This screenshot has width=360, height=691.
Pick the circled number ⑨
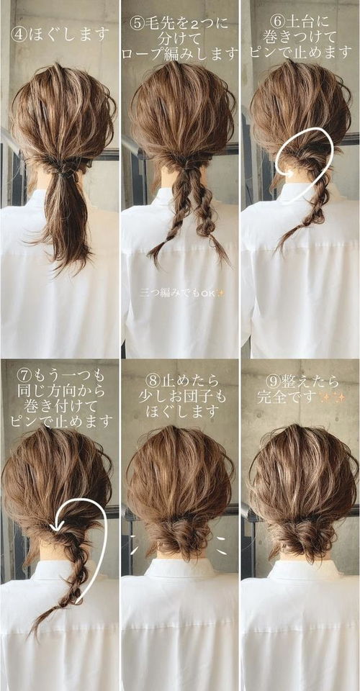pyautogui.click(x=274, y=381)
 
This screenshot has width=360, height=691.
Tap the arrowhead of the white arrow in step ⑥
pyautogui.click(x=288, y=173)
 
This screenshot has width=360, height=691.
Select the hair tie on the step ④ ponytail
pyautogui.click(x=65, y=170)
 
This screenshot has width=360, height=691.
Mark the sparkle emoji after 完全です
pyautogui.click(x=333, y=398)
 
